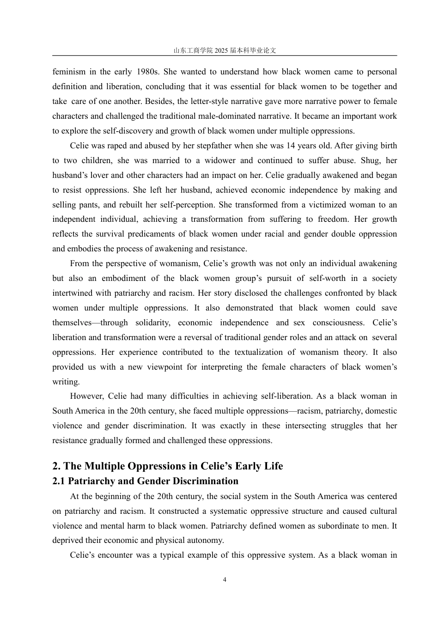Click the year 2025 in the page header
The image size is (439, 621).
[x=222, y=50]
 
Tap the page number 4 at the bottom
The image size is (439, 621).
[x=225, y=580]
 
